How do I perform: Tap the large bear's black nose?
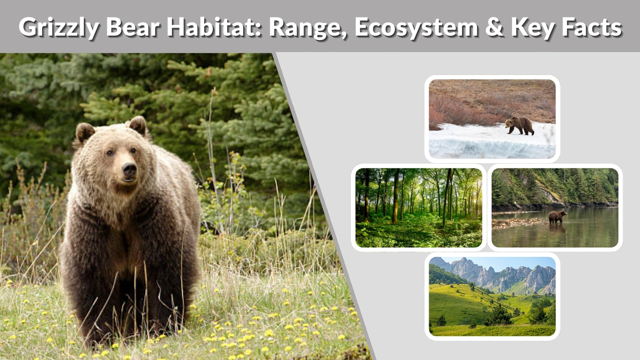click(x=129, y=169)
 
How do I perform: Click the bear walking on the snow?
click(x=520, y=125)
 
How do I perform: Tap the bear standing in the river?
click(x=557, y=216)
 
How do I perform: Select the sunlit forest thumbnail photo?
click(x=418, y=208)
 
